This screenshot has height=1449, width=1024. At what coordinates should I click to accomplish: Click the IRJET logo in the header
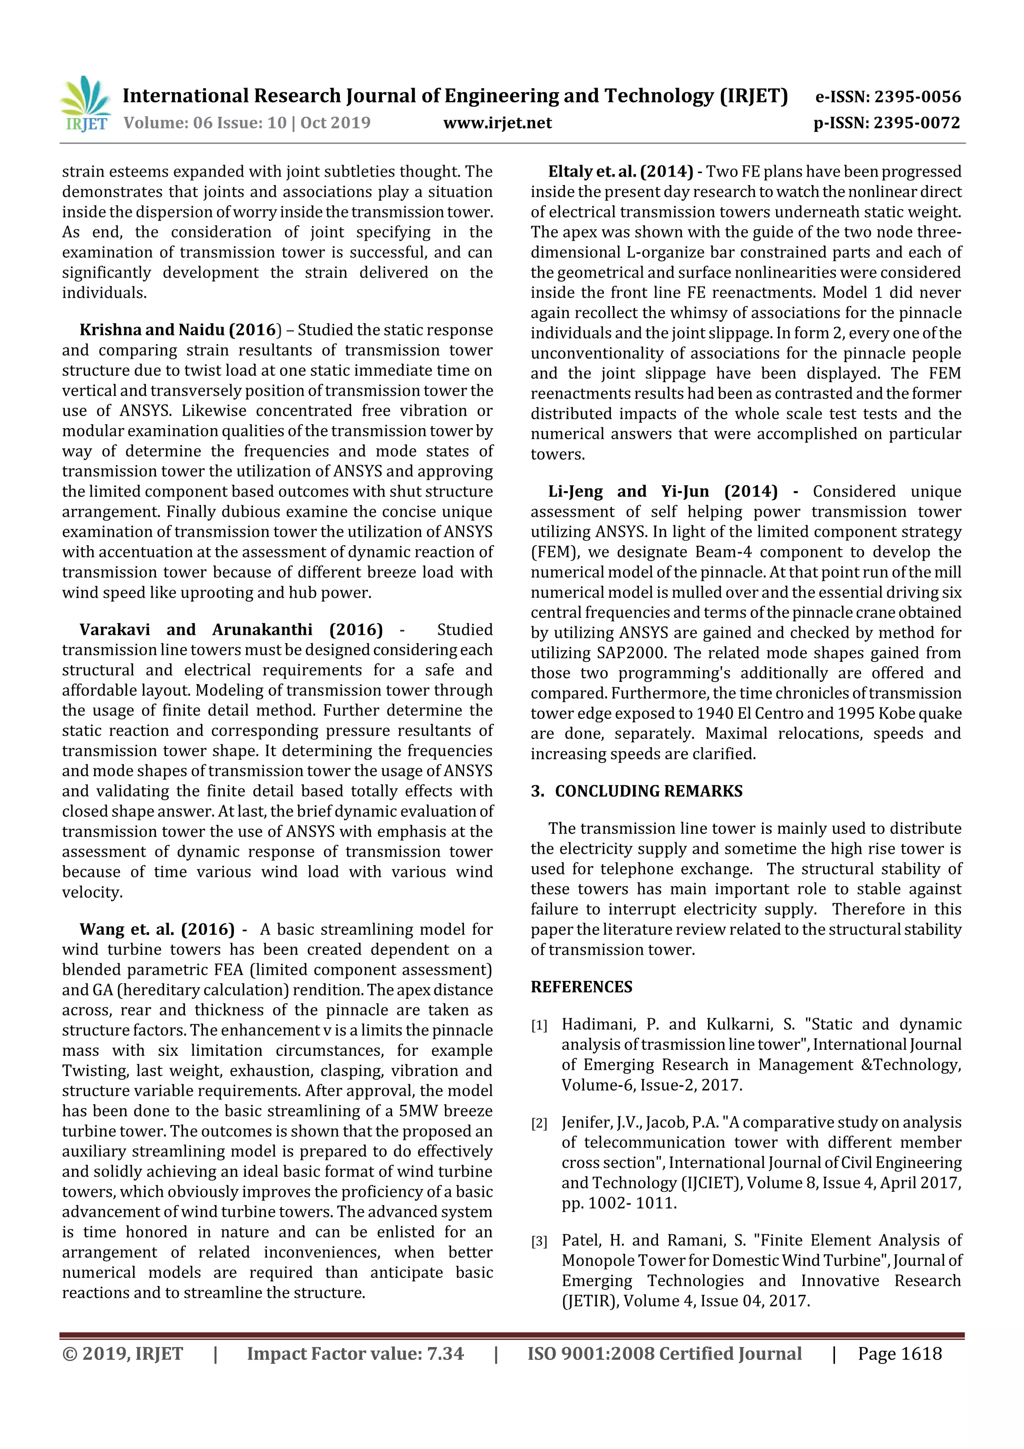coord(85,104)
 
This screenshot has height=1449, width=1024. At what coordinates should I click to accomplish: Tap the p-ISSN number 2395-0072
coord(916,123)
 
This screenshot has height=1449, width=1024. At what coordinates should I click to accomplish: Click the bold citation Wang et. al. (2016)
coord(156,930)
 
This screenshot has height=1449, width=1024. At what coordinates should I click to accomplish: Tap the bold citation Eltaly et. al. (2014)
coord(620,172)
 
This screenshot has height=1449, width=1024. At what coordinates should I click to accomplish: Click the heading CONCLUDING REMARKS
coord(648,791)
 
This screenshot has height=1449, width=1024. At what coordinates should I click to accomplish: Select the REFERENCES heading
coord(581,987)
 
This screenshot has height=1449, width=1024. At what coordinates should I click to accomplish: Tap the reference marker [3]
coord(539,1242)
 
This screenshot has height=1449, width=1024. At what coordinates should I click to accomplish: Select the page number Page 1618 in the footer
coord(899,1353)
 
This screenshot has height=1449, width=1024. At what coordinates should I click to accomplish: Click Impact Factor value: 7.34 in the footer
coord(354,1353)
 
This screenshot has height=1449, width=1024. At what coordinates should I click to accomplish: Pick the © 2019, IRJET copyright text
coord(122,1353)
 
